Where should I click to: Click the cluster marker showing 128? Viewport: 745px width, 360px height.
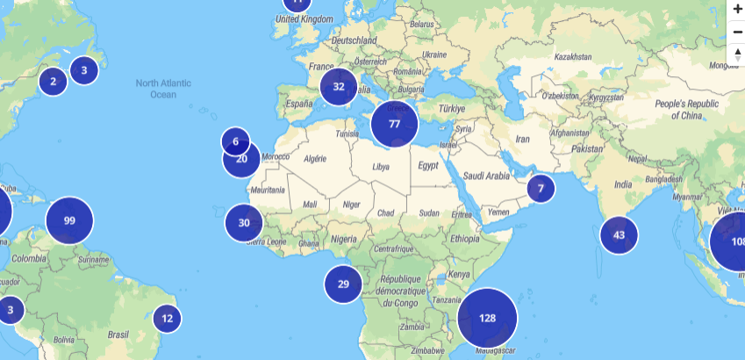[x=488, y=318]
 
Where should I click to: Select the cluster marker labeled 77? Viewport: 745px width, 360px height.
[x=394, y=124]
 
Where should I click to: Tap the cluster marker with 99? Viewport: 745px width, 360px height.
[x=69, y=220]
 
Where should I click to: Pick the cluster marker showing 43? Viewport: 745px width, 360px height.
[x=619, y=234]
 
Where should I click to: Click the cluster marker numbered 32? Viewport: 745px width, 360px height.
[x=339, y=86]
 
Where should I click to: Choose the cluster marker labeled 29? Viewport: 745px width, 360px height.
[x=343, y=284]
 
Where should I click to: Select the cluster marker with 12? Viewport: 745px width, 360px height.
[x=167, y=318]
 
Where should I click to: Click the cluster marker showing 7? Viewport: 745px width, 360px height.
[x=541, y=188]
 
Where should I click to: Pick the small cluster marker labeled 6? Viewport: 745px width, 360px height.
[x=235, y=141]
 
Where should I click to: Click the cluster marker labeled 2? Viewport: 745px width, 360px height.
[x=53, y=82]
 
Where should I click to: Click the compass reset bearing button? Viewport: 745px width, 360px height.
[x=737, y=55]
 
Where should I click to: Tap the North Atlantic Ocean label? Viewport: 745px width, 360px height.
[x=163, y=89]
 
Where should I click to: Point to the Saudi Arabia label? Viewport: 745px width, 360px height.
[x=486, y=176]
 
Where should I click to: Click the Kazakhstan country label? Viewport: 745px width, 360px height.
[x=574, y=56]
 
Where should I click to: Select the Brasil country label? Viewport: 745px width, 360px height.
[x=118, y=335]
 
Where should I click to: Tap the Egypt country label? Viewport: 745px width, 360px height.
[x=427, y=165]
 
